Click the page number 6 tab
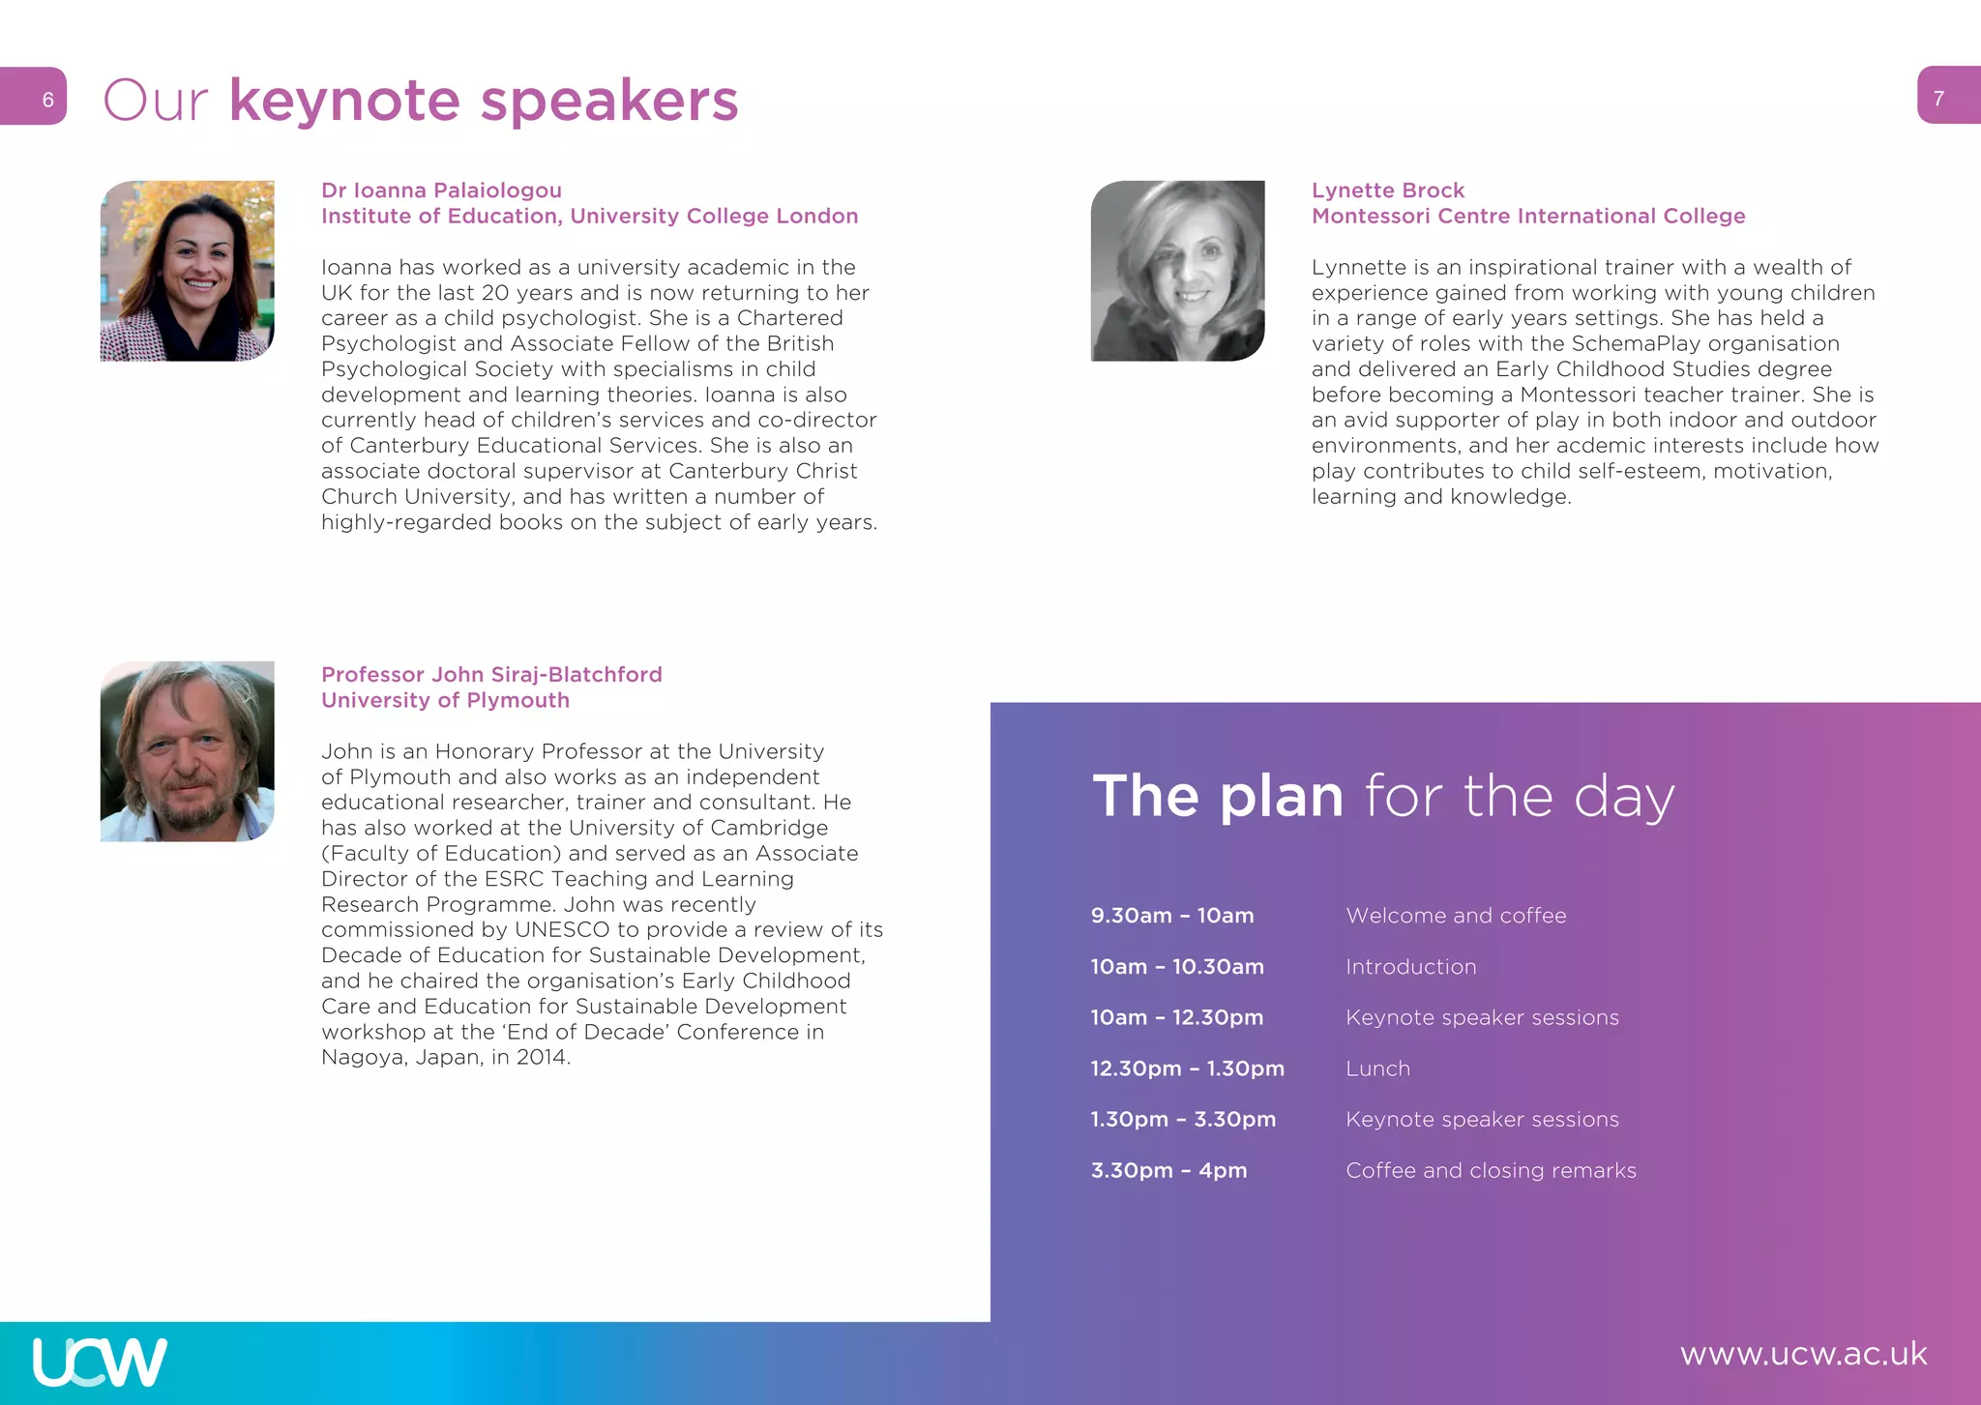[35, 97]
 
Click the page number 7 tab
[1947, 97]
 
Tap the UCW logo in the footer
[100, 1361]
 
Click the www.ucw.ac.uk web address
[1803, 1354]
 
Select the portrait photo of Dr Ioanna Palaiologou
[187, 271]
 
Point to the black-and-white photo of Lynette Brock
[1177, 271]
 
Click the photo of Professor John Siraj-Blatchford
[187, 751]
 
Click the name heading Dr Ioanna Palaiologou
[441, 190]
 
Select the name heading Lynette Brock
[1387, 190]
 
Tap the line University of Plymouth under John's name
[445, 700]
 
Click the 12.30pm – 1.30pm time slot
[1187, 1068]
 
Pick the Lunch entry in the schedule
[1377, 1068]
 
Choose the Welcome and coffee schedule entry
[1456, 916]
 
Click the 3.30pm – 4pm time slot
[1168, 1170]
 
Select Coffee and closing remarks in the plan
[1491, 1170]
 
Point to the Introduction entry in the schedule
[1410, 967]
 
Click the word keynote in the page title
[344, 101]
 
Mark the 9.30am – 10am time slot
[1171, 916]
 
